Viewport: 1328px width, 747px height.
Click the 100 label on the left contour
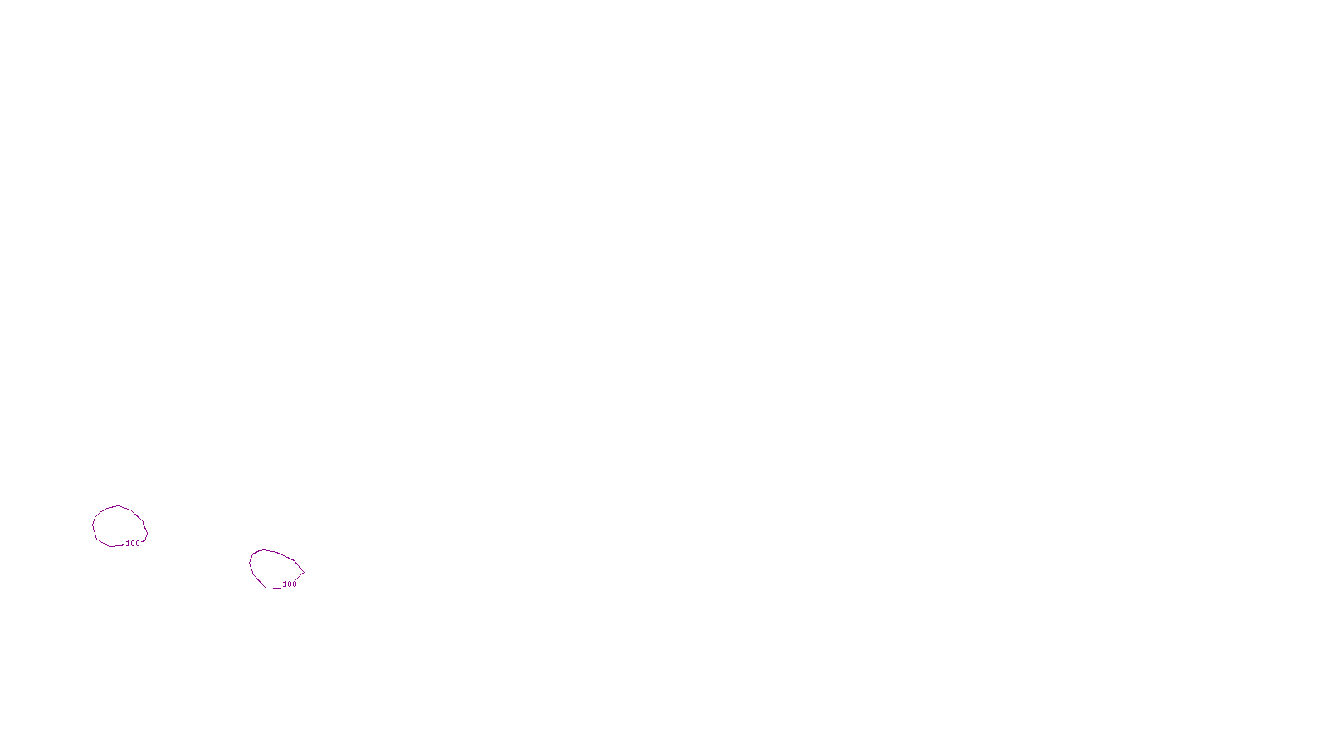pos(133,544)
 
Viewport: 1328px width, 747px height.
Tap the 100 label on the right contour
pos(290,584)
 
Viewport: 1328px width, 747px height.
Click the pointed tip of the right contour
pos(303,572)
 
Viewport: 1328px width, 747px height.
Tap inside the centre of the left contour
pos(120,525)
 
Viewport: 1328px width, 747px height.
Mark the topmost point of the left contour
pos(119,505)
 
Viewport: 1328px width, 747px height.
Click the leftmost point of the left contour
pos(93,525)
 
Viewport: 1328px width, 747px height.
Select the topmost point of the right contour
pos(263,549)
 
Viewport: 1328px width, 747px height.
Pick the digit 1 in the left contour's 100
pos(128,544)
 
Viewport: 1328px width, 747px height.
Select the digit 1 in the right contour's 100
pos(285,584)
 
